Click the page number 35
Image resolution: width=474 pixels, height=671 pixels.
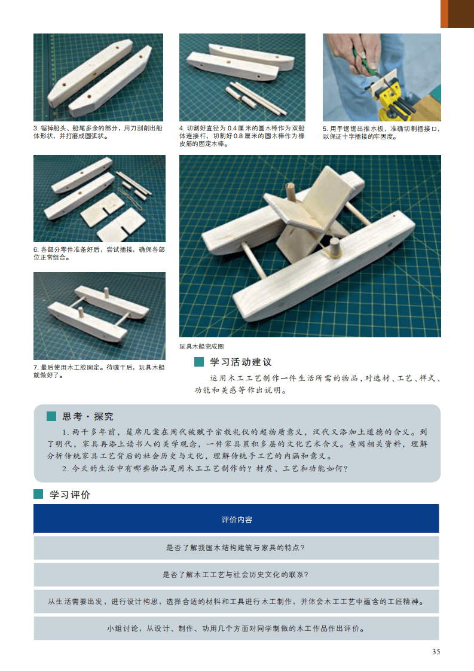[x=436, y=651]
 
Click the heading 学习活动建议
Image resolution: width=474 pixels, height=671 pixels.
[x=241, y=362]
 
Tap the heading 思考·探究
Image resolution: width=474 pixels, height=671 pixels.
[x=88, y=416]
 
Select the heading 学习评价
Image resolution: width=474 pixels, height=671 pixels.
[x=70, y=495]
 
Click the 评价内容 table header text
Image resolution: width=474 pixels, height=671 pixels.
[x=237, y=520]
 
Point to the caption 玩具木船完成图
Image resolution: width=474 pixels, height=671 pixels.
[x=201, y=347]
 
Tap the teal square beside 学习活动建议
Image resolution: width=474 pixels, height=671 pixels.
[x=199, y=362]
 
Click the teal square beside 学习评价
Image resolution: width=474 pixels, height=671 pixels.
[x=38, y=494]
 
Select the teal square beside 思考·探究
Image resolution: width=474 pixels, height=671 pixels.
[x=51, y=416]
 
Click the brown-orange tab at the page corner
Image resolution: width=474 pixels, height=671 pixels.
[x=457, y=14]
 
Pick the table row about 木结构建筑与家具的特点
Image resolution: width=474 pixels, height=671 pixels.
[x=236, y=548]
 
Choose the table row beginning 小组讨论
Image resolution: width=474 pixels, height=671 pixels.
[x=236, y=628]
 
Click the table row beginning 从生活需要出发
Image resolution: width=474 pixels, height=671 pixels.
[x=236, y=601]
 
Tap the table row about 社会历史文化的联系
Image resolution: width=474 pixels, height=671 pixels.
[x=236, y=574]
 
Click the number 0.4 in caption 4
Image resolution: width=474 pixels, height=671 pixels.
[x=233, y=128]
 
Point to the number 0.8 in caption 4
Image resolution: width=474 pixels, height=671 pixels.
[x=238, y=136]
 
